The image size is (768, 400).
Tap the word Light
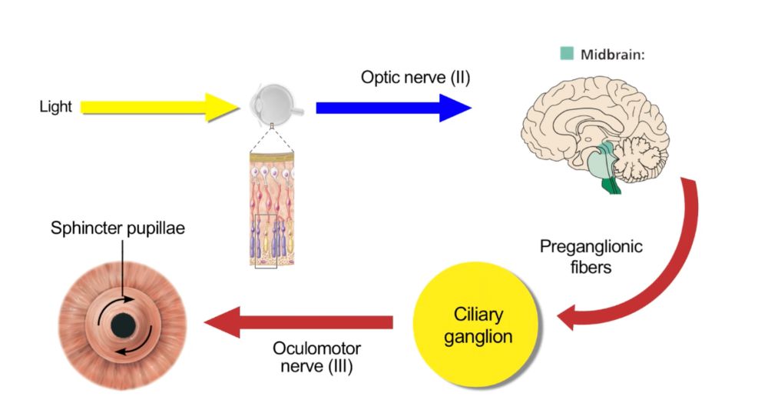55,107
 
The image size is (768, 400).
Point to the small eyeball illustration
276,105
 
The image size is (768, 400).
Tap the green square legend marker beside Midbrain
567,54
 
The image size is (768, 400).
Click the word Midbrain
611,54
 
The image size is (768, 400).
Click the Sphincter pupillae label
118,228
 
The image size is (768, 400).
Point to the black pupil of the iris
123,326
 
